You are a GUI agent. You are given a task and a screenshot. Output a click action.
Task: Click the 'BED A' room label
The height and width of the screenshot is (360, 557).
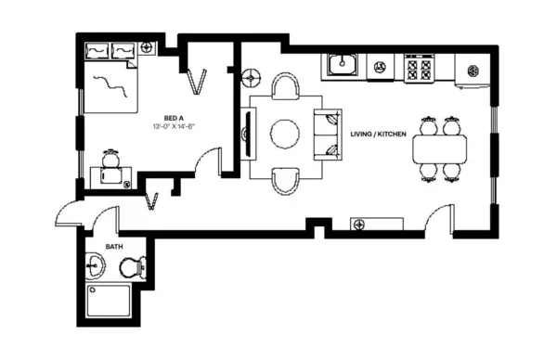pos(173,118)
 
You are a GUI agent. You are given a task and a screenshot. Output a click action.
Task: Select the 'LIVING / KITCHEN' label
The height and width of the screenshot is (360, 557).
pos(378,135)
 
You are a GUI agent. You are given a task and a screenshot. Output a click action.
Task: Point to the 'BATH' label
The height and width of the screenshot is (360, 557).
pos(113,247)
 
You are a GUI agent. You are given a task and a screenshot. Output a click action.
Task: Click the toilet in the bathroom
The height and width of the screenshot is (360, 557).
pos(133,268)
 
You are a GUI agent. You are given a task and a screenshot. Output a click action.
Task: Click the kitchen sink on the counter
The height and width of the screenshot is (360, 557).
pos(343,66)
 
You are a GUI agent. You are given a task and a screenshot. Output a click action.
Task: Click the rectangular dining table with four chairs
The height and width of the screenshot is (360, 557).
pos(439,147)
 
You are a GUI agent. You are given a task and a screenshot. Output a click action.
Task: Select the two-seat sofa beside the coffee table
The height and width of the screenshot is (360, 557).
pos(328,133)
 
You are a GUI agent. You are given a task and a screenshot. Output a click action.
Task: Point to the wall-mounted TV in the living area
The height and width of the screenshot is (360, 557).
pos(246,133)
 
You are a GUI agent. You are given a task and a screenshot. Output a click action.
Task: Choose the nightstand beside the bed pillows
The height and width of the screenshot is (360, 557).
pos(147,47)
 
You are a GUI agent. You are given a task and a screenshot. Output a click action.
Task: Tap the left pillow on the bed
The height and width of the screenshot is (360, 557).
pos(97,51)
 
